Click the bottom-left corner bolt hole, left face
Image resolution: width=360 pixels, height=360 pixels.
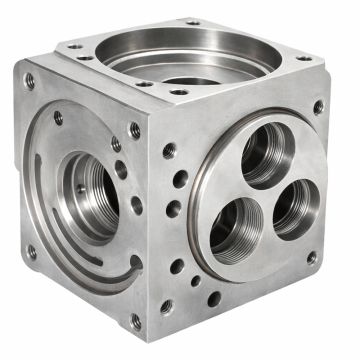pos(31,251)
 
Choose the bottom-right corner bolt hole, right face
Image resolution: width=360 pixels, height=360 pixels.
pos(312,257)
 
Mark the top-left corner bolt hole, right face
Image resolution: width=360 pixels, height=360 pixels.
pos(170,151)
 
